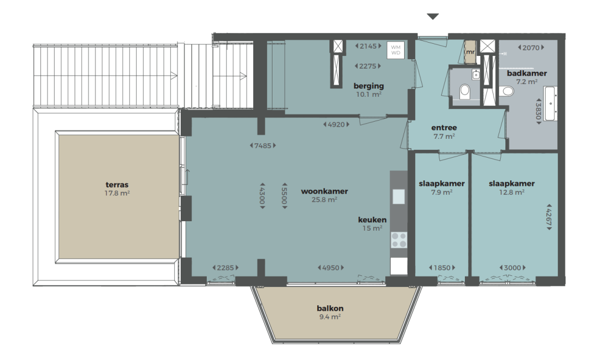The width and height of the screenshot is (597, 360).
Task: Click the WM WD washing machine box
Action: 396,50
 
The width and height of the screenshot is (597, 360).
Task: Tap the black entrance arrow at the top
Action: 433,17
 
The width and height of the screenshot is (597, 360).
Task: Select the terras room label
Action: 117,185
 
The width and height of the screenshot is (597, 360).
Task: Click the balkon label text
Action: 330,308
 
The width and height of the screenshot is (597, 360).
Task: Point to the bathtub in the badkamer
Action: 550,103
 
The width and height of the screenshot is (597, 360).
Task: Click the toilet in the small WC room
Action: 464,91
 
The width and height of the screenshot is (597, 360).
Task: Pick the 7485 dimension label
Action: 263,145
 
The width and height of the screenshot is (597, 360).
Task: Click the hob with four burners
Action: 399,240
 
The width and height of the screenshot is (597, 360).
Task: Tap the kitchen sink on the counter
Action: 399,197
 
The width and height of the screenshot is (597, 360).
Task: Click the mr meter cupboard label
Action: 470,52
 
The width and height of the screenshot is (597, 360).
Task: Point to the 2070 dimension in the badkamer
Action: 531,48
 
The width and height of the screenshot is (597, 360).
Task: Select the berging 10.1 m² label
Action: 369,90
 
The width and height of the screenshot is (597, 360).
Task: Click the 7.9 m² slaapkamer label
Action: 442,192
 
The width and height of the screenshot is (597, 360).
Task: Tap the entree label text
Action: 444,128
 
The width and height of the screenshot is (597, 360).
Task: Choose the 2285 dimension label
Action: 226,268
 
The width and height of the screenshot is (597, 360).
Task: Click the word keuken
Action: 372,220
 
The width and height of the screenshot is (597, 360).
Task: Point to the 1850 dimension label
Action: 442,268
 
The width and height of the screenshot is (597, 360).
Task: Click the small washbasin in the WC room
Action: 475,75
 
